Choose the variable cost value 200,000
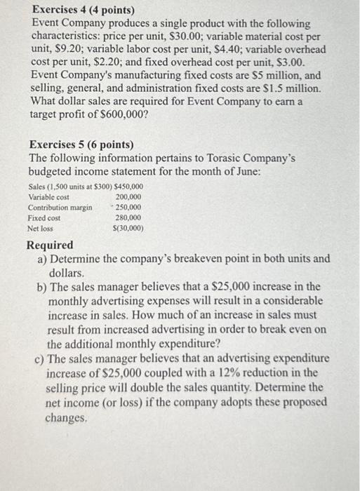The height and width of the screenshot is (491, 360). click(128, 197)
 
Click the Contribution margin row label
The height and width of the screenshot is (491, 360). click(60, 208)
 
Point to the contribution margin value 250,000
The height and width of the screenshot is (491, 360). click(128, 208)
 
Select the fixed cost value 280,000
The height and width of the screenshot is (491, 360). click(128, 218)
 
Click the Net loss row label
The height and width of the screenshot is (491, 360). click(40, 229)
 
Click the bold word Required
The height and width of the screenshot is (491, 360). click(50, 245)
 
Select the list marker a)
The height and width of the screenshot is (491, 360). click(41, 259)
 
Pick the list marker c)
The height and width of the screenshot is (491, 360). click(40, 359)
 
